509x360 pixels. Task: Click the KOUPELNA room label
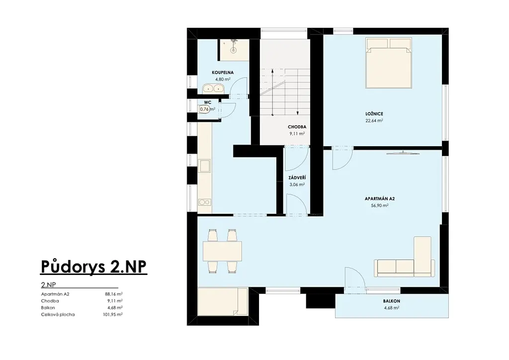click(x=223, y=73)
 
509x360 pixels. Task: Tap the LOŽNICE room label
click(x=374, y=114)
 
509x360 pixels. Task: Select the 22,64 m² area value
click(x=374, y=121)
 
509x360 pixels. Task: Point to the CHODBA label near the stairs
click(x=297, y=127)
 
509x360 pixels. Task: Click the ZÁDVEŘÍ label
click(x=297, y=178)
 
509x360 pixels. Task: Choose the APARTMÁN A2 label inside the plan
click(x=380, y=199)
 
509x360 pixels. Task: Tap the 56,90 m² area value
click(x=380, y=205)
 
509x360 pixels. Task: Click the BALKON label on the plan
click(x=392, y=301)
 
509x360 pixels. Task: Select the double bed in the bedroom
click(x=389, y=63)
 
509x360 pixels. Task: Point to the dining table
click(x=222, y=251)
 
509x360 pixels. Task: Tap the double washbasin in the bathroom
click(x=213, y=88)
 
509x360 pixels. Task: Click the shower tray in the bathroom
click(x=234, y=50)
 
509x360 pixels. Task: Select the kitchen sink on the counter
click(x=205, y=166)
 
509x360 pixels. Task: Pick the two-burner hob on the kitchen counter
click(x=205, y=202)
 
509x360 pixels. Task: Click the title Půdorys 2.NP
click(x=94, y=267)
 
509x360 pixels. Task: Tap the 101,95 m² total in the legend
click(x=113, y=315)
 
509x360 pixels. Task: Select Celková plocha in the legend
click(x=58, y=315)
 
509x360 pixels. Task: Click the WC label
click(x=208, y=102)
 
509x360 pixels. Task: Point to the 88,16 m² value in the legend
click(x=114, y=294)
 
